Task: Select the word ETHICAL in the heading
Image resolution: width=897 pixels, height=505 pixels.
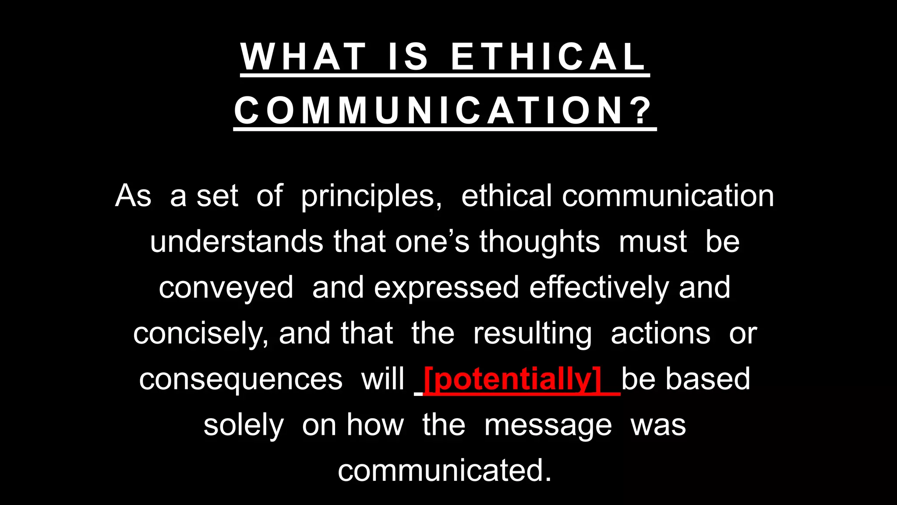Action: pyautogui.click(x=548, y=57)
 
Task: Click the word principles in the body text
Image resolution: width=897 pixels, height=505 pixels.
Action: pyautogui.click(x=371, y=196)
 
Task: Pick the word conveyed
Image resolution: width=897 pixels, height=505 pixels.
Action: pyautogui.click(x=226, y=288)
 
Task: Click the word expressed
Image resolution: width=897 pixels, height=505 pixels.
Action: pyautogui.click(x=446, y=288)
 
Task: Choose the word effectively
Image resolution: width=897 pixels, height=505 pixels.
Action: pyautogui.click(x=599, y=288)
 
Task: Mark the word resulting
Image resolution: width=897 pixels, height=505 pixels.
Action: pyautogui.click(x=532, y=334)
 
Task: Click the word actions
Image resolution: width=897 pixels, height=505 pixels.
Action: pyautogui.click(x=660, y=334)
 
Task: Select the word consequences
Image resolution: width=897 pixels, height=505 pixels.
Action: pyautogui.click(x=240, y=379)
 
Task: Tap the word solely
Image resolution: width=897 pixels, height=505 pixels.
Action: pyautogui.click(x=244, y=425)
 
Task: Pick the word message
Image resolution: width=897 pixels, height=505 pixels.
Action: pyautogui.click(x=547, y=425)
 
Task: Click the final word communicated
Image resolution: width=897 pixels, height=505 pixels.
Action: pyautogui.click(x=444, y=470)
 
